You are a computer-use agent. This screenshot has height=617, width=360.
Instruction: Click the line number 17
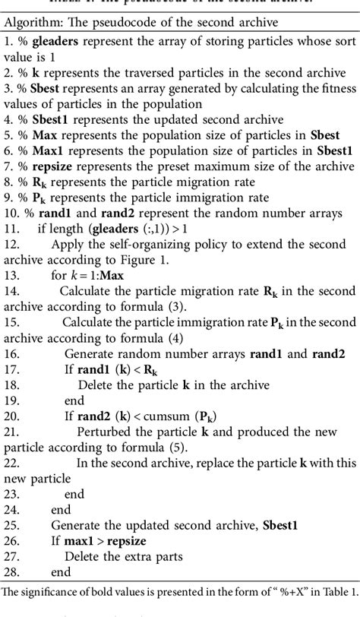[11, 370]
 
